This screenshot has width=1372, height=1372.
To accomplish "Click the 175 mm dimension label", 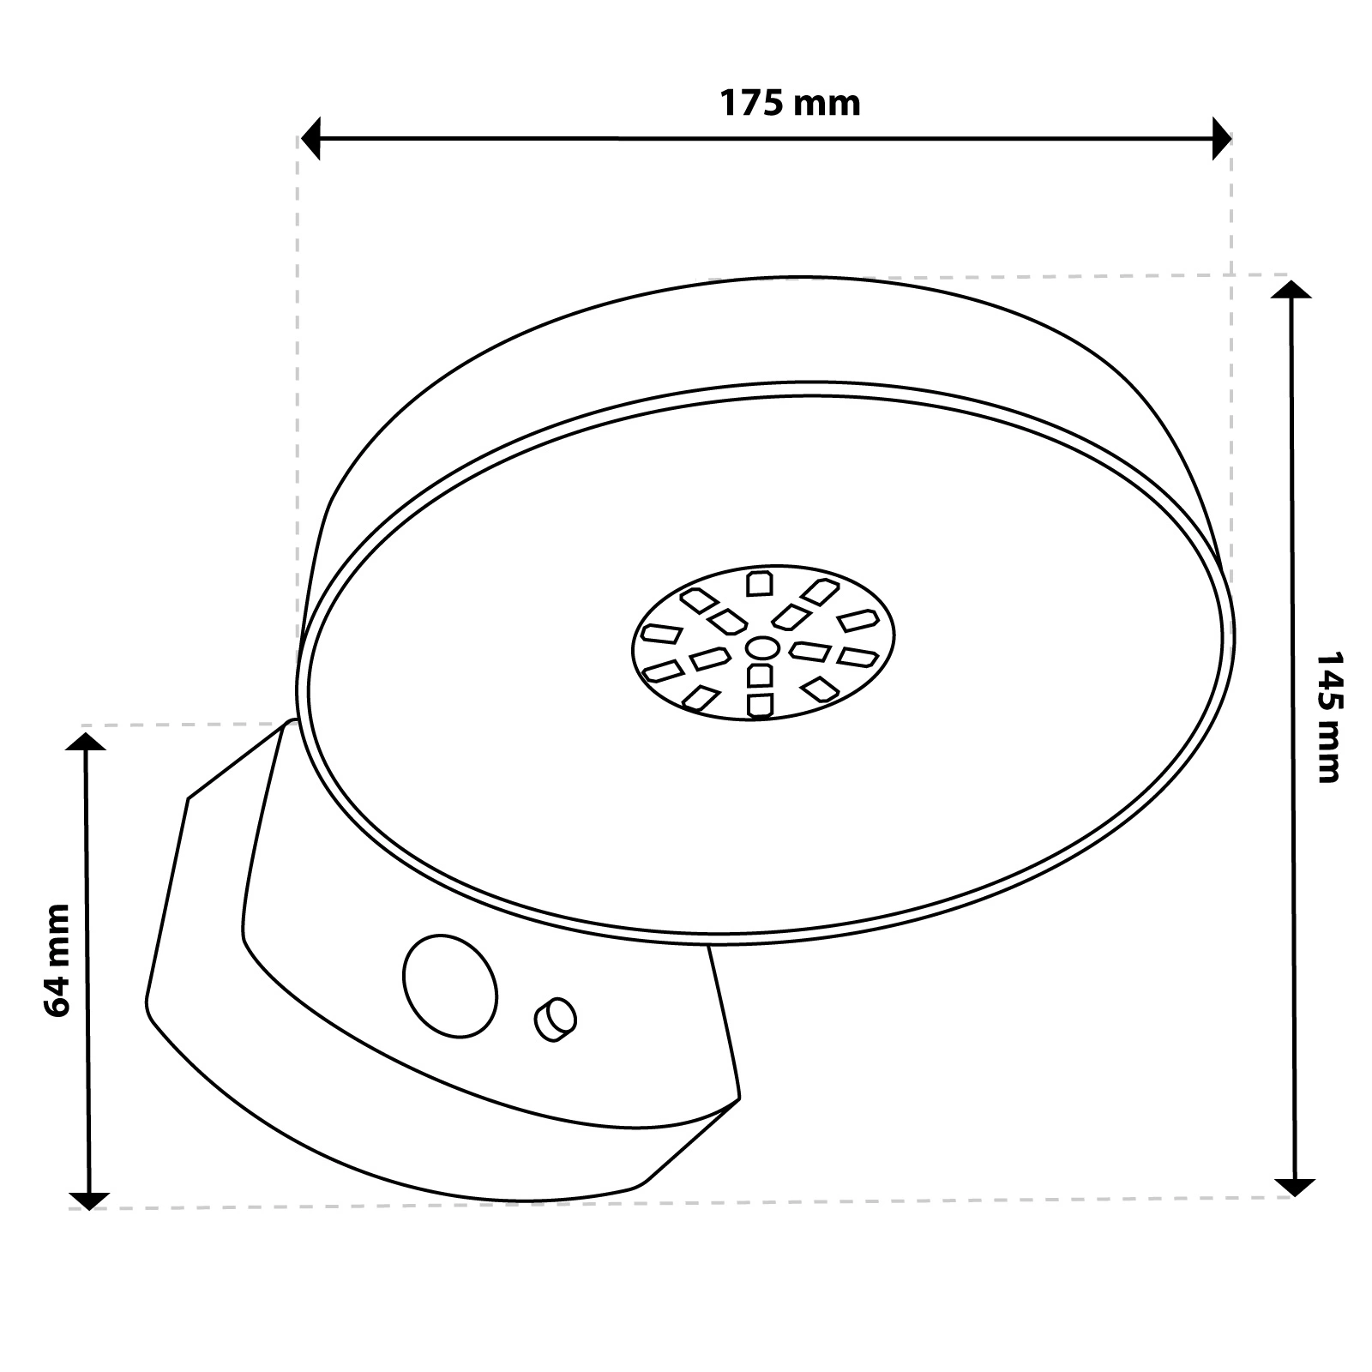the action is click(789, 104).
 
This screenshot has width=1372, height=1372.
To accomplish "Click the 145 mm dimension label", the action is click(1327, 717).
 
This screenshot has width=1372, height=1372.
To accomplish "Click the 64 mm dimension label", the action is click(57, 960).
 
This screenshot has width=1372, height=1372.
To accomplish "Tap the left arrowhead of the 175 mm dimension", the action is click(310, 138).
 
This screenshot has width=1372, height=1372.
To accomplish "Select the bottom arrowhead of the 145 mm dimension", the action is click(1293, 1186).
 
